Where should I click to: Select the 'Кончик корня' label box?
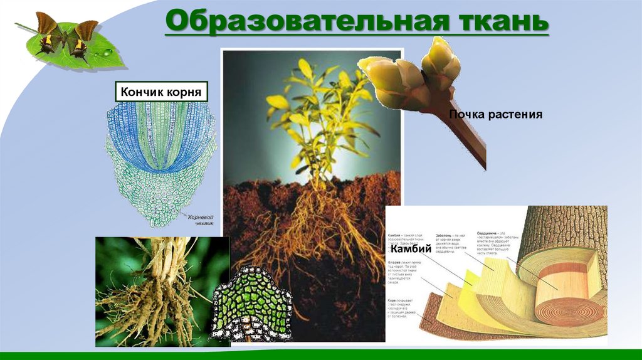click(160, 92)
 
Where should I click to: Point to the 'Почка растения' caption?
click(495, 115)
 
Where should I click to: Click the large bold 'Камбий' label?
click(411, 249)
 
